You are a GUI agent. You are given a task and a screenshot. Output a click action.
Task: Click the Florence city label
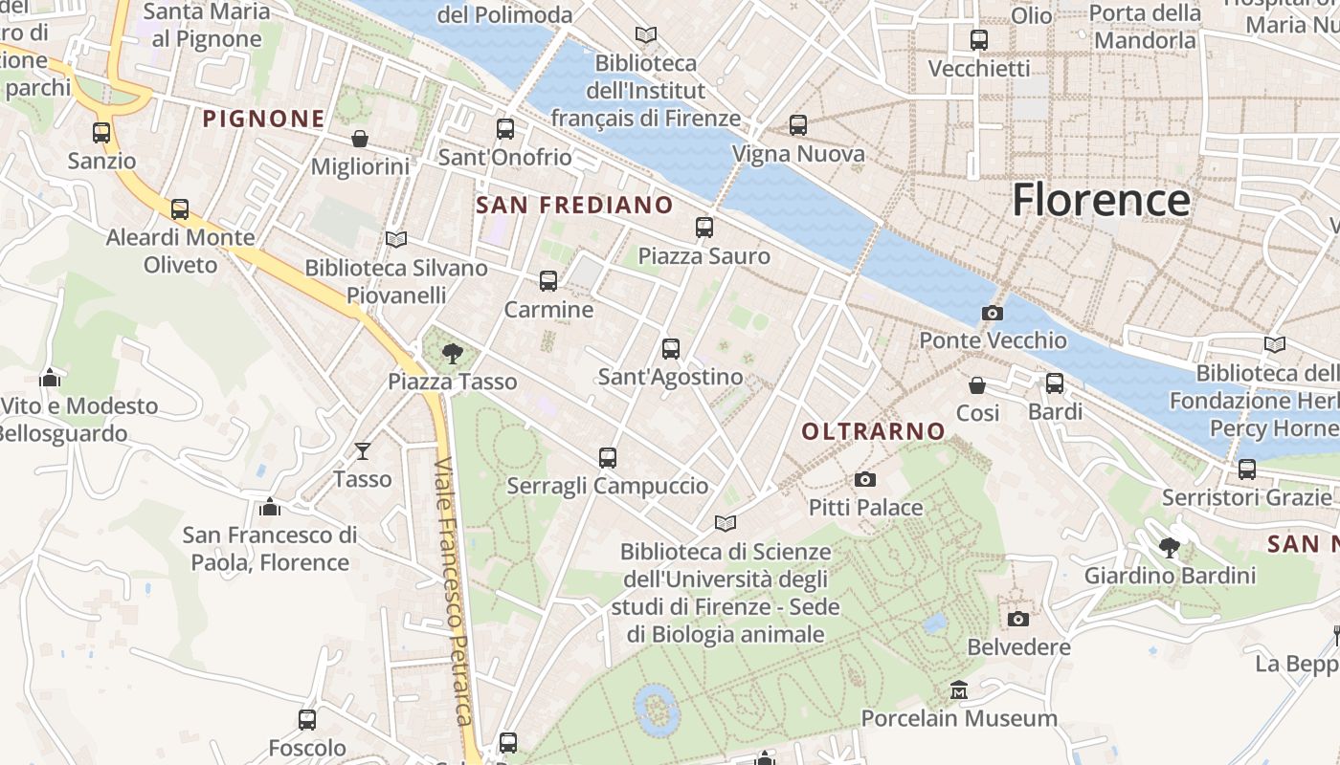click(x=1101, y=200)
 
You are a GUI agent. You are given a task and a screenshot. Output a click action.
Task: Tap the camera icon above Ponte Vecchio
click(x=993, y=313)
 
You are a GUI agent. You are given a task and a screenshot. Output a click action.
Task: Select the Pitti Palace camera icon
click(x=865, y=479)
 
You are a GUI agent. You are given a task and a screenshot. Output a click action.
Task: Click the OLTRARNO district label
click(x=873, y=431)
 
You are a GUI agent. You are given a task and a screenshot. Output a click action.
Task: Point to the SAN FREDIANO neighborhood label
click(x=574, y=205)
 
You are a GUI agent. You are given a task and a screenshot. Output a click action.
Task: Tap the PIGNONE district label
click(x=263, y=119)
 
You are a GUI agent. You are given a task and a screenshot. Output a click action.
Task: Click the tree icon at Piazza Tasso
click(x=452, y=354)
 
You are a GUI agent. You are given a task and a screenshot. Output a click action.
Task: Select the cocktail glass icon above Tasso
click(x=363, y=450)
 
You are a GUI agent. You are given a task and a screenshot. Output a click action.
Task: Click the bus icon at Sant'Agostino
click(x=670, y=348)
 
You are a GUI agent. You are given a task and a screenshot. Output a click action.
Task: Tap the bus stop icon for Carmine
click(x=548, y=281)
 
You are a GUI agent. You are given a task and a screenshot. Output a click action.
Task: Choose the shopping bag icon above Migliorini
click(x=360, y=139)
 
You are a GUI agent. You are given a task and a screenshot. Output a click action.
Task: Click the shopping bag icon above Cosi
click(x=977, y=384)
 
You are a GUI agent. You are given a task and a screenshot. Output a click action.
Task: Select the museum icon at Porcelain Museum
click(x=958, y=689)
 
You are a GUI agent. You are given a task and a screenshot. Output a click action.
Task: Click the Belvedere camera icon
click(x=1018, y=619)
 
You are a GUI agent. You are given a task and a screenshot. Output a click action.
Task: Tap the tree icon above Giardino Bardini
click(x=1169, y=547)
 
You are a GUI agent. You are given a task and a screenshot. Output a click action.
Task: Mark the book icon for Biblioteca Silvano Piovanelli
click(x=395, y=239)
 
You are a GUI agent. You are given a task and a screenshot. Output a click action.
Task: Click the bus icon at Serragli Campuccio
click(x=607, y=457)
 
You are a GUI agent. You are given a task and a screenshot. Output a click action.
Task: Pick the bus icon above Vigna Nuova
click(x=798, y=124)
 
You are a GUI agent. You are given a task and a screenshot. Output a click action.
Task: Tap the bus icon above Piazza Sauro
click(x=704, y=227)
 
